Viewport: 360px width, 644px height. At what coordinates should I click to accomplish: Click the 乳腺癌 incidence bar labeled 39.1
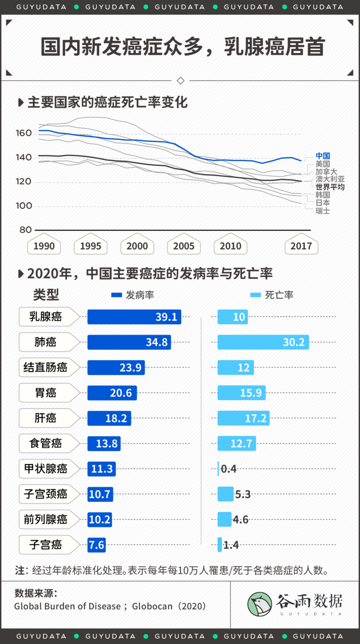point(134,317)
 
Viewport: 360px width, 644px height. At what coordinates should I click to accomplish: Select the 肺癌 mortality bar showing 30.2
point(263,342)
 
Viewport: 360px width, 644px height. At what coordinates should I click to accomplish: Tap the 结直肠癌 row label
point(45,367)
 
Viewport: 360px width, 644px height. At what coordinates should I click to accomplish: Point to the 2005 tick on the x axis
point(184,246)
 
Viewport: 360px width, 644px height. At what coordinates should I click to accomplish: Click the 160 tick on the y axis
point(24,133)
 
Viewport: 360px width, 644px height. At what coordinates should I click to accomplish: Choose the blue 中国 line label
point(322,156)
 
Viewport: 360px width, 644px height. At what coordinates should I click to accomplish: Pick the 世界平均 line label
point(330,187)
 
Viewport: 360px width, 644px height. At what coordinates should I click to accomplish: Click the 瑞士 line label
point(322,211)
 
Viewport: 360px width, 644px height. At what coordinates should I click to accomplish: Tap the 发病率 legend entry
point(133,295)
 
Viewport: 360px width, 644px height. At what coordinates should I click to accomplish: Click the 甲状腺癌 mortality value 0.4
point(228,469)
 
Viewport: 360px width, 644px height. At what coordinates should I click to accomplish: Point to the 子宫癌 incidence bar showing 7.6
point(97,544)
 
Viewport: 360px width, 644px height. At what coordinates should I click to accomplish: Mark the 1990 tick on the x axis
point(44,246)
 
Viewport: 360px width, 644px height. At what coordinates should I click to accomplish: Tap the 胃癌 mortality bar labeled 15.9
point(241,393)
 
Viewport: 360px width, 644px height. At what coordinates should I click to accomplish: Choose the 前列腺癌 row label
point(45,519)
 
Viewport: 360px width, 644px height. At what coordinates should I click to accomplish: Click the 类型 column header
point(46,295)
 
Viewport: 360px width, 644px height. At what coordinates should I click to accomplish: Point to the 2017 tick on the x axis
point(301,246)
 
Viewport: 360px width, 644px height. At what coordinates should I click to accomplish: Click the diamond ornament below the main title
point(180,80)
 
